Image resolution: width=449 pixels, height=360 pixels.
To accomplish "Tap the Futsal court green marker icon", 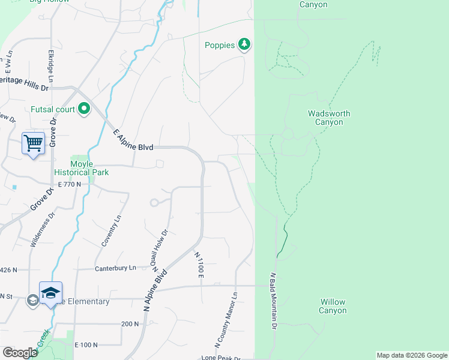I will tap(84, 109).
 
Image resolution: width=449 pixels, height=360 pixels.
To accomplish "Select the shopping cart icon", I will tap(34, 143).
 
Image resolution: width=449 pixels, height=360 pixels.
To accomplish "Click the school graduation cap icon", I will tap(51, 292).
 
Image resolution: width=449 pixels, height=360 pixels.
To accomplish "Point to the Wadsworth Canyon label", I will tap(328, 118).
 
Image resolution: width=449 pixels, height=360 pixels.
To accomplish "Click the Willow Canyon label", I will tap(333, 306).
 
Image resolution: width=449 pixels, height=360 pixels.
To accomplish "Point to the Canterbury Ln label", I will tap(120, 268).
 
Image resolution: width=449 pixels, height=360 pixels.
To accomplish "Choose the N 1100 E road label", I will tap(199, 265).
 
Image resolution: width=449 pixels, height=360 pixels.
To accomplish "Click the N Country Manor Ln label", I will tap(226, 320).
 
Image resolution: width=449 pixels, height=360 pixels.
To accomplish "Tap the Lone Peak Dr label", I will tap(221, 358).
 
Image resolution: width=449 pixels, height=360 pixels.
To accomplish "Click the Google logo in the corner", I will tap(20, 353).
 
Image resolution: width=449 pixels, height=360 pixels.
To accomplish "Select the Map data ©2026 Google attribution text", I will tap(412, 355).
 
